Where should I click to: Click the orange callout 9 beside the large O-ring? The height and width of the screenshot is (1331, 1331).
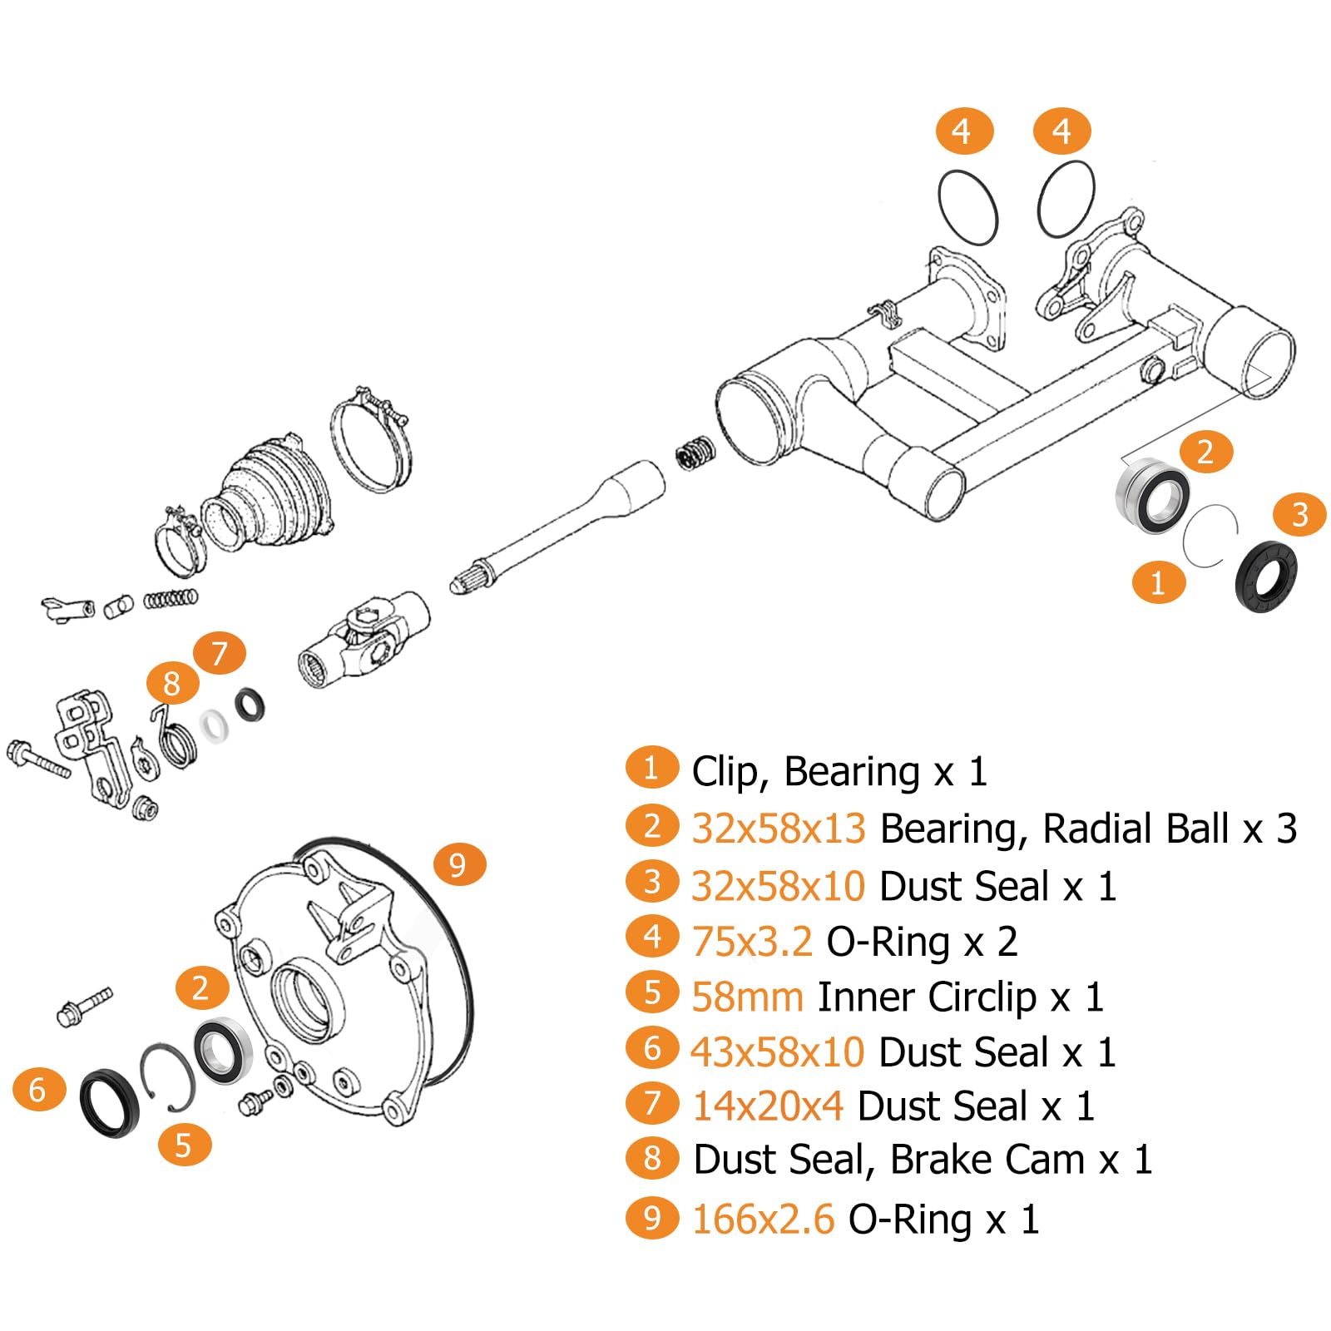pyautogui.click(x=459, y=864)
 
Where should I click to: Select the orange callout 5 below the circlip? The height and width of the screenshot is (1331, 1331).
pyautogui.click(x=185, y=1144)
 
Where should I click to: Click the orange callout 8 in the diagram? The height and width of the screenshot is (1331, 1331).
pyautogui.click(x=172, y=684)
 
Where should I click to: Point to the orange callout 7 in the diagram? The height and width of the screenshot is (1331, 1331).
pyautogui.click(x=220, y=653)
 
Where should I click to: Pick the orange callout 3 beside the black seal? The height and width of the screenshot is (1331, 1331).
pyautogui.click(x=1299, y=514)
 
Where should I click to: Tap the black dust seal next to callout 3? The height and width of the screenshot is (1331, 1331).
pyautogui.click(x=1265, y=576)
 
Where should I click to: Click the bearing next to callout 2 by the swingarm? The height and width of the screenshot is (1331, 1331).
pyautogui.click(x=1152, y=496)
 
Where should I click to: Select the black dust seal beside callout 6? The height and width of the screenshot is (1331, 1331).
pyautogui.click(x=111, y=1103)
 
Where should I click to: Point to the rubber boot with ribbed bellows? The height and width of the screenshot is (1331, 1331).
pyautogui.click(x=268, y=493)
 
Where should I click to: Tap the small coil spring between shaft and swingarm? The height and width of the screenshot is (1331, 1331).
pyautogui.click(x=695, y=452)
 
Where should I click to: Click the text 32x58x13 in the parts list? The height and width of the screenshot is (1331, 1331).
pyautogui.click(x=779, y=829)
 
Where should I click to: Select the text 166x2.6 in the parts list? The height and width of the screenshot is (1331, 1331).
pyautogui.click(x=763, y=1220)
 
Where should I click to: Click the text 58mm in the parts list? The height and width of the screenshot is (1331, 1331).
pyautogui.click(x=748, y=997)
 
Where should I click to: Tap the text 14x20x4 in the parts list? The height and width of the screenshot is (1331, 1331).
pyautogui.click(x=768, y=1106)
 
